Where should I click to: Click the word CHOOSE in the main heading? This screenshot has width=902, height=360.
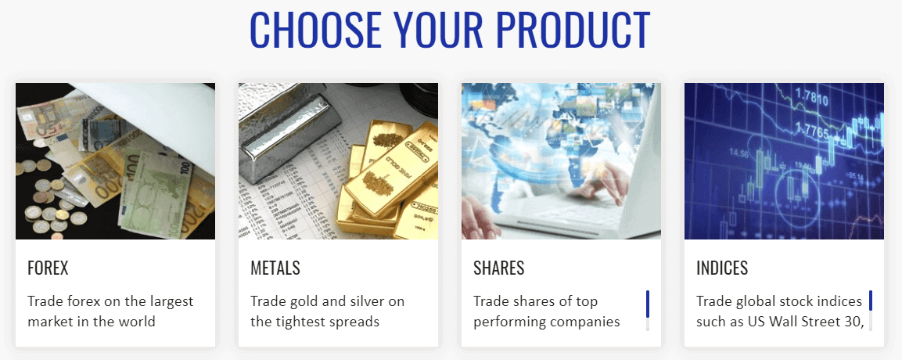pyautogui.click(x=316, y=29)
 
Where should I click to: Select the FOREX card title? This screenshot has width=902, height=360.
pyautogui.click(x=48, y=268)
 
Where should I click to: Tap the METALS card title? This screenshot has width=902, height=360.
pyautogui.click(x=275, y=268)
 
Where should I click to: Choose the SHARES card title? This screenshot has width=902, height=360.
pyautogui.click(x=499, y=268)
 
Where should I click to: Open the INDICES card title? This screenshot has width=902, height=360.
pyautogui.click(x=722, y=268)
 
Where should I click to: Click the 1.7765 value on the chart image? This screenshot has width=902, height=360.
pyautogui.click(x=811, y=133)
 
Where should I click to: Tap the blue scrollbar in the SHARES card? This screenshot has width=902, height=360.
pyautogui.click(x=648, y=304)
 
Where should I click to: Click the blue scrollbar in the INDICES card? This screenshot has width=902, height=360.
pyautogui.click(x=871, y=301)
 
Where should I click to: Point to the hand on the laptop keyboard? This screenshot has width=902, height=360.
pyautogui.click(x=598, y=178)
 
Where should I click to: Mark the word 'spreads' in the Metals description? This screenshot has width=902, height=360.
pyautogui.click(x=354, y=322)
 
